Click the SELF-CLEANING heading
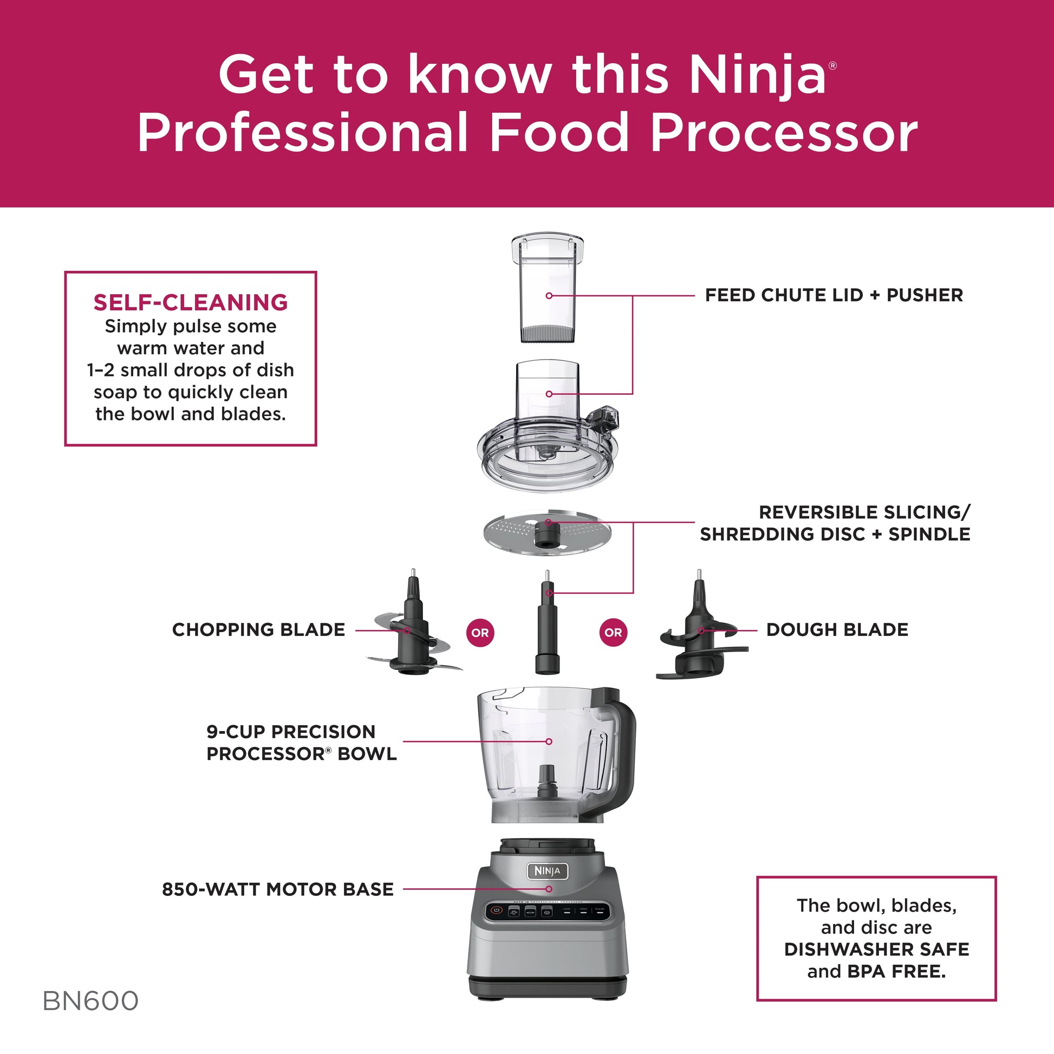coord(191,302)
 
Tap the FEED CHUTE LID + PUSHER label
coord(834,295)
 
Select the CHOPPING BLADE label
coord(258,629)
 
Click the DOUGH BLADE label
coord(837,629)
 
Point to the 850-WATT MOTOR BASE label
coord(278,889)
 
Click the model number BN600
coord(90,1000)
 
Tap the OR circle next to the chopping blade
coord(480,633)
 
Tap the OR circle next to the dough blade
coord(613,633)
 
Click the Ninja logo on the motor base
coord(547,871)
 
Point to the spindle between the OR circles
coord(548,627)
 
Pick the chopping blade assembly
coord(413,633)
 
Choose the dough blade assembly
coord(699,638)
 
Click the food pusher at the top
coord(548,289)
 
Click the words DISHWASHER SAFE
coord(876,949)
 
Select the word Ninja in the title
coord(757,76)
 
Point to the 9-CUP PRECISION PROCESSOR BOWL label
coord(301,743)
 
